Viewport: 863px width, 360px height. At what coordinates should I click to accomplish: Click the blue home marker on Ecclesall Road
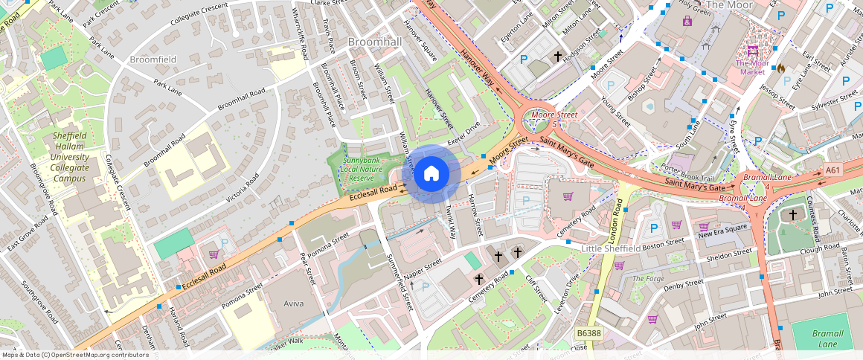(431, 174)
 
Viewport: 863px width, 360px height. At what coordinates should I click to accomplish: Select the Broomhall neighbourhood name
(374, 42)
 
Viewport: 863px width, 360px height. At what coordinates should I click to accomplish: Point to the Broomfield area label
(153, 58)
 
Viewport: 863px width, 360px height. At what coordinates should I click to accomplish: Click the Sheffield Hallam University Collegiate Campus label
(70, 158)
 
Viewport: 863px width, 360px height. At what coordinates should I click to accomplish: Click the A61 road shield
(833, 171)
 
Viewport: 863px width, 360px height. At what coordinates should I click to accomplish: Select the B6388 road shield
(588, 333)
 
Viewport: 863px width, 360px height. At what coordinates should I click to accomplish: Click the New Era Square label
(721, 227)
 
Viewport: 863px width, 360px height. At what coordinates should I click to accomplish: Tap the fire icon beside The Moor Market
(780, 68)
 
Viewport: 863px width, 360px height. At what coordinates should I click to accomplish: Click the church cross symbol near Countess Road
(792, 215)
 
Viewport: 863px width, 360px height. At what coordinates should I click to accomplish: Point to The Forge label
(647, 278)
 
